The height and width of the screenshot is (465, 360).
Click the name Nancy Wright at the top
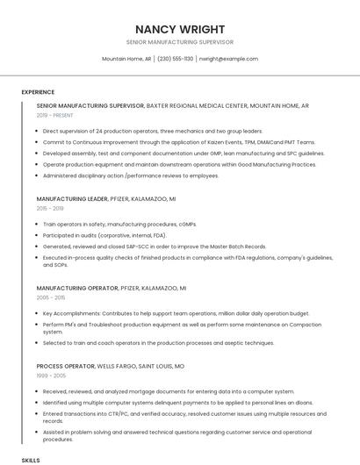tap(180, 29)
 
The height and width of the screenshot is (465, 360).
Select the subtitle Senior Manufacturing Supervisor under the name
tap(180, 42)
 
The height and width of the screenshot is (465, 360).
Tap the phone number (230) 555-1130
tap(176, 59)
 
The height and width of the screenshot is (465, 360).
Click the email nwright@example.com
tap(228, 59)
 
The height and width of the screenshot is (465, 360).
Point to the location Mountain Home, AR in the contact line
tap(126, 59)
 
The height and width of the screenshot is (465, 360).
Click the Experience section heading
tap(38, 92)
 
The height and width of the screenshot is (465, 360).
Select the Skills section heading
tap(31, 460)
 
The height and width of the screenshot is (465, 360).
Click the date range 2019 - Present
tap(55, 115)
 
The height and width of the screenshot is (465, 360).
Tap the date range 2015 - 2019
tap(50, 209)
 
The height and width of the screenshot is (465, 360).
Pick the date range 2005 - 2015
tap(51, 297)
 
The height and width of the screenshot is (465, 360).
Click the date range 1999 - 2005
tap(51, 375)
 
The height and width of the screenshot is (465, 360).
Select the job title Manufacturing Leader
tap(73, 199)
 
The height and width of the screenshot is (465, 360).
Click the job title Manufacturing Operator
tap(77, 288)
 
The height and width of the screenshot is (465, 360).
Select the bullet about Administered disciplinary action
tap(131, 175)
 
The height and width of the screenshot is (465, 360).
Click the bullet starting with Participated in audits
tap(104, 235)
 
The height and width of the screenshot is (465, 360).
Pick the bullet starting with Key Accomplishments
tap(176, 313)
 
